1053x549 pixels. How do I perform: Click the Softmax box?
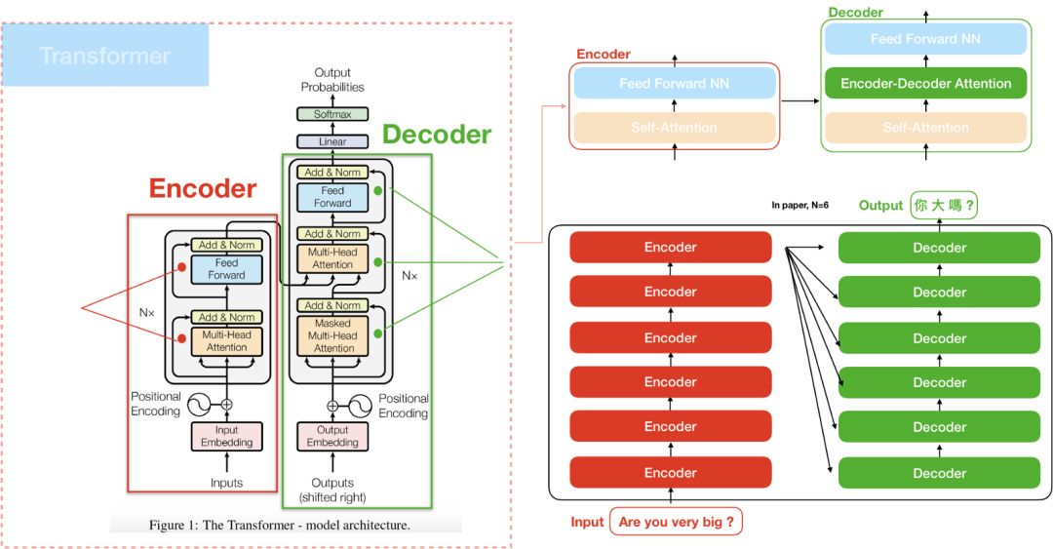332,114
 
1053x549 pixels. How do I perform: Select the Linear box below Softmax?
332,141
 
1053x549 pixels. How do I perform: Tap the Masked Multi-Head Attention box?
333,335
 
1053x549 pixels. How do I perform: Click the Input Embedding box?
227,436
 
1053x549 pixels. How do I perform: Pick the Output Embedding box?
332,436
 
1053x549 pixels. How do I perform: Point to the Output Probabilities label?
332,80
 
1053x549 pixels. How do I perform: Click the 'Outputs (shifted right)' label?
332,490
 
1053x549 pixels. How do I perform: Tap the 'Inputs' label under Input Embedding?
227,483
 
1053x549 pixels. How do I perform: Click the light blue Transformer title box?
105,56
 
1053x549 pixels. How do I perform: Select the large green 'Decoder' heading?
436,135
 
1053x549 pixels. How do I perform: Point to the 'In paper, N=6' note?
800,205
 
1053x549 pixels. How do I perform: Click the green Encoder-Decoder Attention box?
925,83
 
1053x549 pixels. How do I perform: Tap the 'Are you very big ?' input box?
676,522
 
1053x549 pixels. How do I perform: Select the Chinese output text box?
944,206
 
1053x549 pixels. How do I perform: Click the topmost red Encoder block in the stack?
670,248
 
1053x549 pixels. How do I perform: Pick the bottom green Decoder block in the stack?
939,473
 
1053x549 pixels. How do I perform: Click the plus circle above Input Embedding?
227,403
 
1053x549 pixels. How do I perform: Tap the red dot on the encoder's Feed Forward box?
180,265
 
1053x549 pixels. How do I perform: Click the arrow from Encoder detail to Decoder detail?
800,99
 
